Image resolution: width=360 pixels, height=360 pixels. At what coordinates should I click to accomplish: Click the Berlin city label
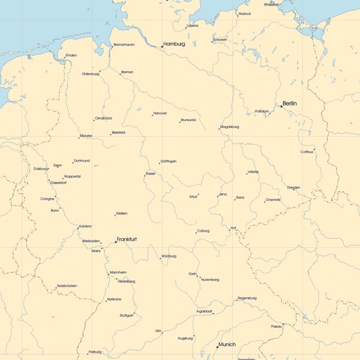[289, 104]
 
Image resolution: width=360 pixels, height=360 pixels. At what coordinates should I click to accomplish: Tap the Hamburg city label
[174, 44]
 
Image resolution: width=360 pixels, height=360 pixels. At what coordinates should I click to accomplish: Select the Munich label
[227, 344]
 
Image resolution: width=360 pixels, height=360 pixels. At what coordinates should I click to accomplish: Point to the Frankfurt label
[127, 239]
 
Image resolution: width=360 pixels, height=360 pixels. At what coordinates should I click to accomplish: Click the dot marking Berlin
[281, 106]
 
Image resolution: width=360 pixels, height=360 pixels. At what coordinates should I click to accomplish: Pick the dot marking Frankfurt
[116, 242]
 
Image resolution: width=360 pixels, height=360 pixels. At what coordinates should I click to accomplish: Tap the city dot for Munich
[217, 347]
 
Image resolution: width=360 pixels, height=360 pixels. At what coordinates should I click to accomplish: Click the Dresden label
[293, 187]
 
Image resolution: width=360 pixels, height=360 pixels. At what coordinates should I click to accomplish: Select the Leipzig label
[253, 172]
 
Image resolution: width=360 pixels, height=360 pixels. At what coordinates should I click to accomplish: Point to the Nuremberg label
[210, 280]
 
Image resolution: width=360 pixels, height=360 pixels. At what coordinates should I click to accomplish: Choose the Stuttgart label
[126, 315]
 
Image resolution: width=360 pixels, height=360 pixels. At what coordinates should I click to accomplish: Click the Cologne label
[47, 199]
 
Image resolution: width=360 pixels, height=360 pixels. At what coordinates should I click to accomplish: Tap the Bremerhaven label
[124, 44]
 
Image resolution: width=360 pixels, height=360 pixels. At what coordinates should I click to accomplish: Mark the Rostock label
[245, 13]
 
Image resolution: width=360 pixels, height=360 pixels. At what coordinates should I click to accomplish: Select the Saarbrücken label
[67, 286]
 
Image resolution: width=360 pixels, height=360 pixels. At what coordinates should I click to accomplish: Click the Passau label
[276, 326]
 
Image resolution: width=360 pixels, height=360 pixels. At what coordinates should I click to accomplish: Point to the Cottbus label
[307, 152]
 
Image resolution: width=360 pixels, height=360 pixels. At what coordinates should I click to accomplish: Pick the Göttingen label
[168, 161]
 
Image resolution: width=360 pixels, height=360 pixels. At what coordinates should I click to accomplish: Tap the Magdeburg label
[229, 127]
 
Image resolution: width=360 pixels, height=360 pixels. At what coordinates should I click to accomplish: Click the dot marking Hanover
[152, 114]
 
